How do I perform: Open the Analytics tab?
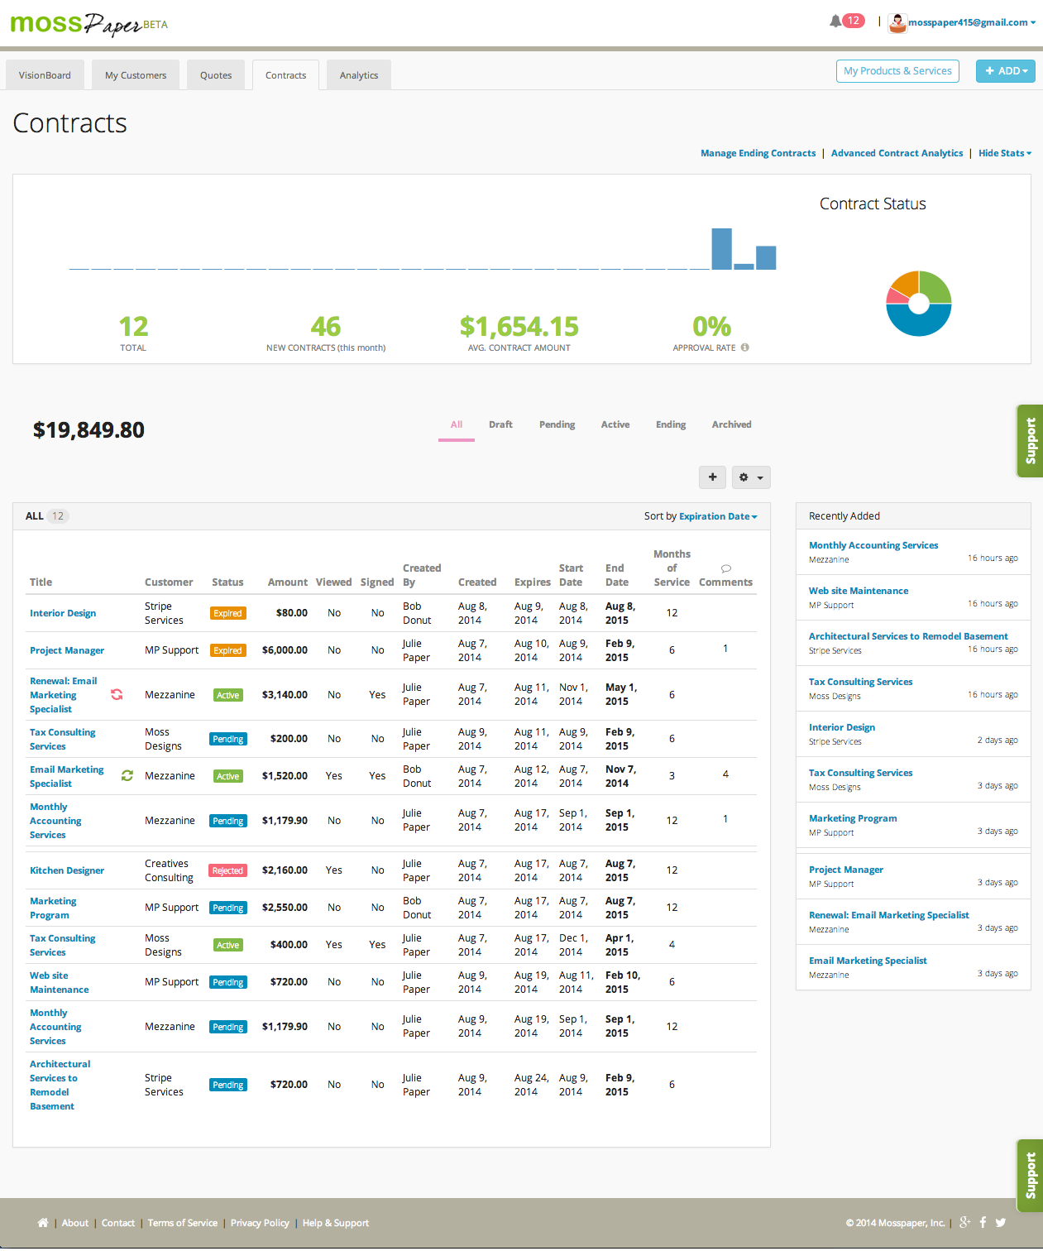[x=359, y=75]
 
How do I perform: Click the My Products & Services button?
[x=897, y=70]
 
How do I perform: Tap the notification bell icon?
[x=835, y=22]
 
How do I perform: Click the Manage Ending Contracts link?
[x=758, y=153]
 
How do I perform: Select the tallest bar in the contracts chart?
[x=721, y=249]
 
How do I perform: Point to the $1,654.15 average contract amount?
[x=519, y=327]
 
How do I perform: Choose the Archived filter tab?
[x=731, y=424]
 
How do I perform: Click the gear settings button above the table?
[x=751, y=477]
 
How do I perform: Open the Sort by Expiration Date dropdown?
[x=718, y=515]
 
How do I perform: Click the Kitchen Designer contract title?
[x=67, y=870]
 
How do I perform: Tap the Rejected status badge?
[x=227, y=870]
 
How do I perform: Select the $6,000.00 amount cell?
[x=285, y=649]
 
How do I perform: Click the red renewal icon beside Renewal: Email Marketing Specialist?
[x=117, y=694]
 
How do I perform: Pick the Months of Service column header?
[x=672, y=568]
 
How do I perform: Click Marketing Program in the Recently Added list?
[x=853, y=817]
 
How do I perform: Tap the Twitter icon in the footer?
[x=1001, y=1222]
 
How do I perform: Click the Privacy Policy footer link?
[x=260, y=1222]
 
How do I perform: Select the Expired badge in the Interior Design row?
[x=227, y=613]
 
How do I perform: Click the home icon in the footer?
[x=42, y=1222]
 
